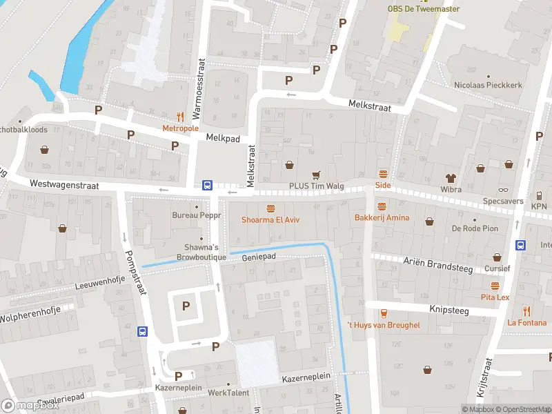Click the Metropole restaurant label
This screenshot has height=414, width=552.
click(180, 128)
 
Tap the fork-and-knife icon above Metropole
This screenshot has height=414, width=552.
click(181, 117)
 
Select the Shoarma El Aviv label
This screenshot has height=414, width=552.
click(269, 220)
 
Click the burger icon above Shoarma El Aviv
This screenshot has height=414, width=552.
click(270, 208)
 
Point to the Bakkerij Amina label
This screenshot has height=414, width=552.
click(382, 218)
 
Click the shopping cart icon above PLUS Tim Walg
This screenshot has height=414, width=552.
click(317, 175)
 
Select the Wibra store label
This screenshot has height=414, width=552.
click(451, 189)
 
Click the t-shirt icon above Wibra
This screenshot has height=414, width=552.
click(451, 177)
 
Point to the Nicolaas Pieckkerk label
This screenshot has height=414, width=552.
click(488, 86)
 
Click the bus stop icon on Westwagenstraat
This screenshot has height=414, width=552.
click(206, 185)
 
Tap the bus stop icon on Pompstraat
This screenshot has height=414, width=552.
click(142, 332)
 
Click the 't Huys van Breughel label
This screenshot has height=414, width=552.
click(383, 325)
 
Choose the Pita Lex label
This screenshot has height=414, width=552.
click(495, 297)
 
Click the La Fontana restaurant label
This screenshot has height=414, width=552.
click(526, 322)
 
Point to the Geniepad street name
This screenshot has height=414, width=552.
click(259, 257)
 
